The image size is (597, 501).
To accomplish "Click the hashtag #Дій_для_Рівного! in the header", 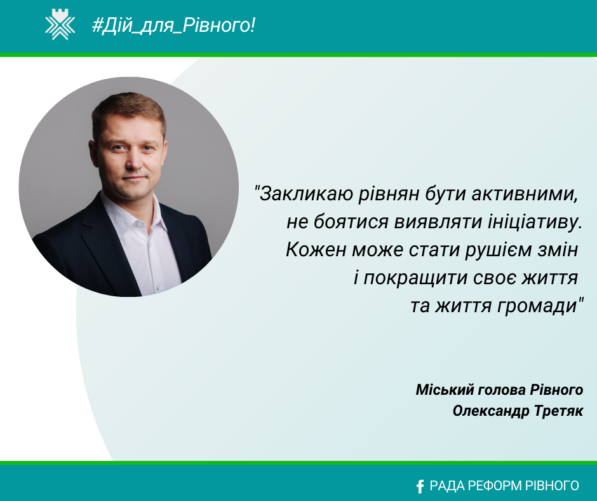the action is tap(173, 26).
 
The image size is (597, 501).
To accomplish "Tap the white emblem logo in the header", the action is tap(60, 24).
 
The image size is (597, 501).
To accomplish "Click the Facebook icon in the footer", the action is tap(420, 486).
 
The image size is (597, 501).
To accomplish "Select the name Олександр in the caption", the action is tap(491, 411).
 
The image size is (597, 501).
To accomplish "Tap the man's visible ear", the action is tap(93, 153).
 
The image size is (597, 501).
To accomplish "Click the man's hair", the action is tap(128, 111).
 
